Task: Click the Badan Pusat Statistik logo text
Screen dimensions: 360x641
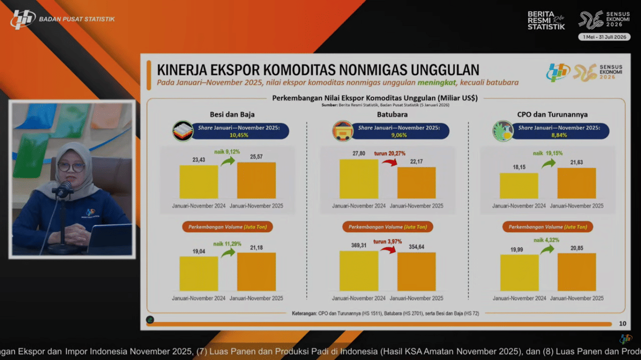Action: (x=77, y=20)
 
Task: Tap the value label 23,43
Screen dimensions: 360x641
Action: (x=199, y=159)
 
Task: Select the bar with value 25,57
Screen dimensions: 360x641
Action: (x=256, y=181)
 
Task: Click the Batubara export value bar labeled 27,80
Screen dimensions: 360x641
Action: (x=359, y=179)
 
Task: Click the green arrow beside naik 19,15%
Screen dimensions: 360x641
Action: (x=549, y=162)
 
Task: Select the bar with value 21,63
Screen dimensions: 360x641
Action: (x=576, y=183)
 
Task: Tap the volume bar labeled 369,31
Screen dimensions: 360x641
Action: (x=359, y=271)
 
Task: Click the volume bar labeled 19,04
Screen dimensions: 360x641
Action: (x=199, y=273)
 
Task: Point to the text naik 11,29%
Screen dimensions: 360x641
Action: (x=227, y=244)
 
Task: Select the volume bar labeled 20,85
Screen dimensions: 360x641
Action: (x=576, y=272)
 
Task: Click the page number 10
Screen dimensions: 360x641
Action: (x=622, y=323)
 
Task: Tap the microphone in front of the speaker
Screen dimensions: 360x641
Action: (x=64, y=189)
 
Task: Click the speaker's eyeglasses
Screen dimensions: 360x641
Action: (x=72, y=167)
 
